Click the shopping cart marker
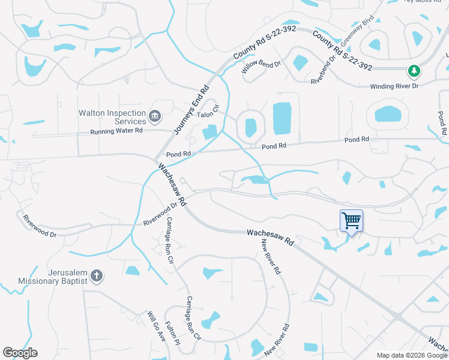pyautogui.click(x=351, y=220)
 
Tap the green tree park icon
pyautogui.click(x=414, y=71)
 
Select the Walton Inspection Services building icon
pyautogui.click(x=154, y=115)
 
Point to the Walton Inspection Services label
pyautogui.click(x=113, y=117)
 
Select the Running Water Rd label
pyautogui.click(x=116, y=131)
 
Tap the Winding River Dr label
pyautogui.click(x=394, y=86)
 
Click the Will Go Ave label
pyautogui.click(x=156, y=325)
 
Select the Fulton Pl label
pyautogui.click(x=172, y=334)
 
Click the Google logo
pyautogui.click(x=20, y=353)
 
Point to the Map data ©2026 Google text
pyautogui.click(x=412, y=355)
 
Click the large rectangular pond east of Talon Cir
pyautogui.click(x=282, y=118)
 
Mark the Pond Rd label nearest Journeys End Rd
pyautogui.click(x=178, y=154)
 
